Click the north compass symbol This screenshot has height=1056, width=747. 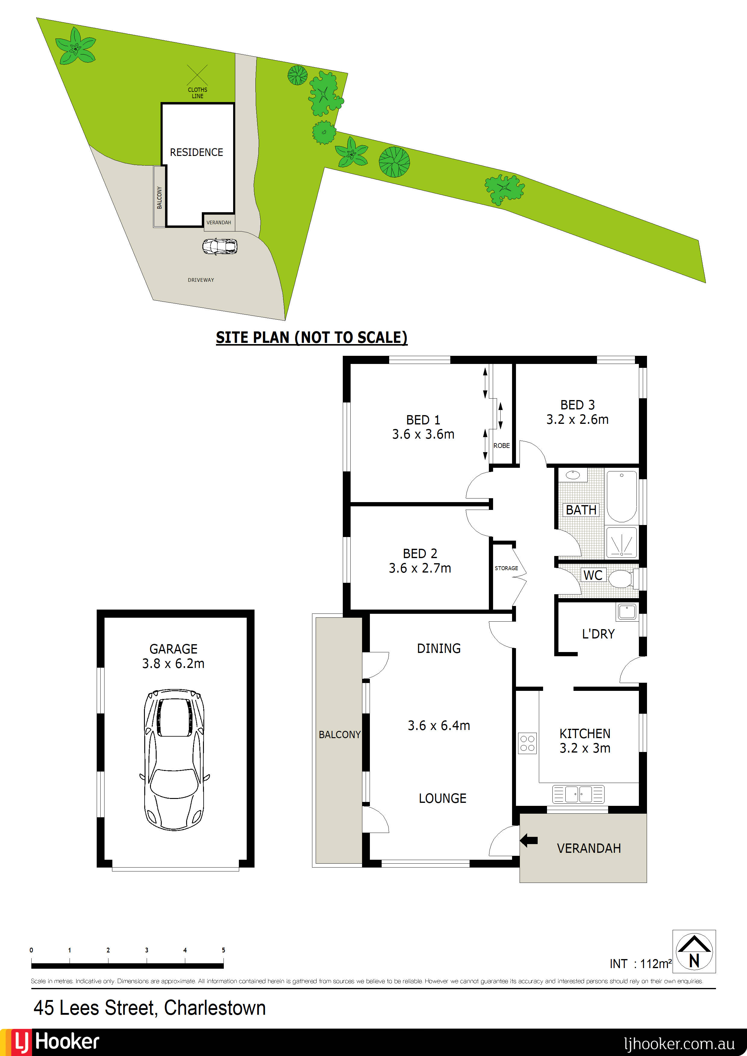[x=694, y=952]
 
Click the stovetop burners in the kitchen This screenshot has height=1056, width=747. [x=527, y=743]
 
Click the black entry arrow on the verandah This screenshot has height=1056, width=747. [x=529, y=841]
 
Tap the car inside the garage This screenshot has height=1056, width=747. [x=174, y=759]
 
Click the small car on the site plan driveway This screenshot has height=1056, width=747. [x=220, y=247]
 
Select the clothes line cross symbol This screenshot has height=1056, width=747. [x=198, y=75]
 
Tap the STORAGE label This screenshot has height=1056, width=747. [x=506, y=568]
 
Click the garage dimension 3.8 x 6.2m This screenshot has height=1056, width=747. [x=173, y=663]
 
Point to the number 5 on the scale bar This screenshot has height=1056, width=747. [x=223, y=950]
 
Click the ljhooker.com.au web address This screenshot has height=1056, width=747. [x=679, y=1044]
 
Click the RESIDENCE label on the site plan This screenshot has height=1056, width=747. [x=196, y=152]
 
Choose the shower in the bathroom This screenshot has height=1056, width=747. [x=621, y=543]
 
